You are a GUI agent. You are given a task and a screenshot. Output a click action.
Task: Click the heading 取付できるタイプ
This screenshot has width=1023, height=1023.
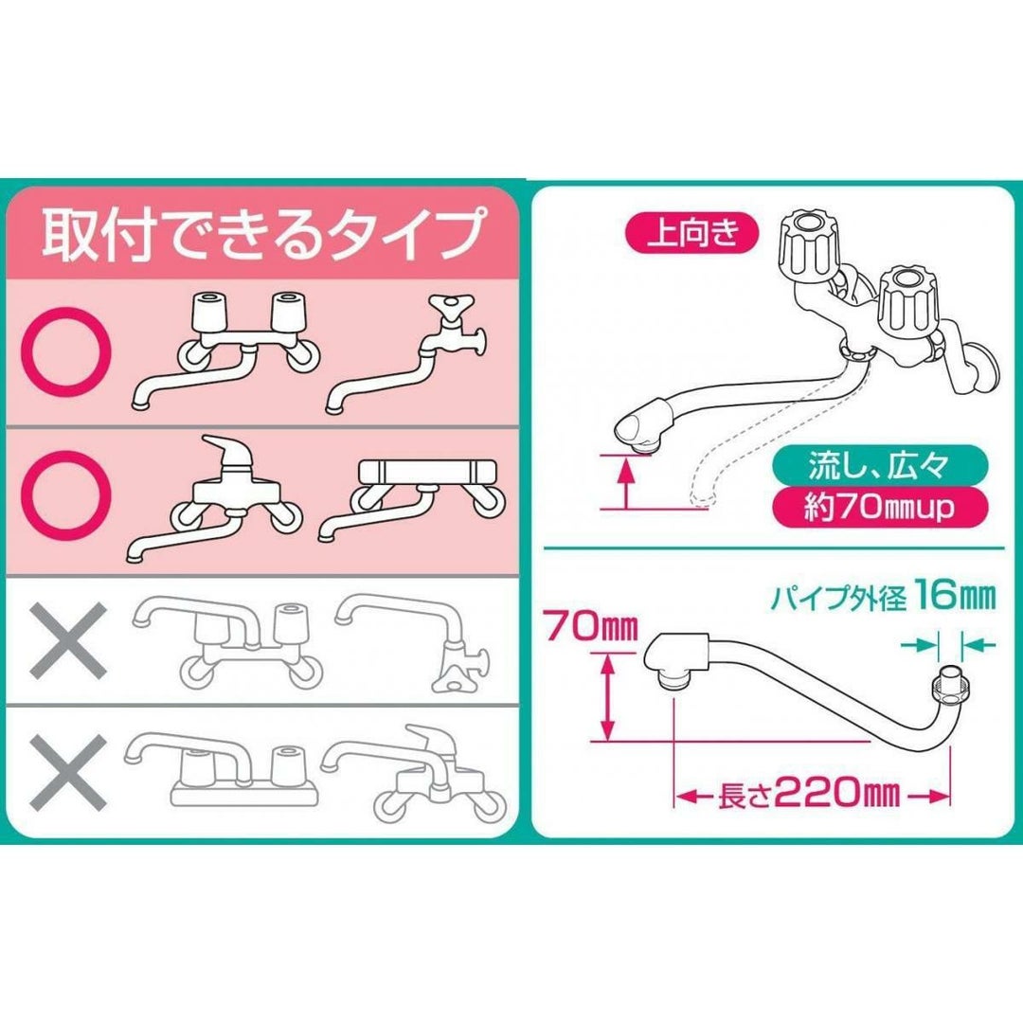pyautogui.click(x=264, y=233)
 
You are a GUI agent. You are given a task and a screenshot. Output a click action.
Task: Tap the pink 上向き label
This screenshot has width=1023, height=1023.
pyautogui.click(x=692, y=233)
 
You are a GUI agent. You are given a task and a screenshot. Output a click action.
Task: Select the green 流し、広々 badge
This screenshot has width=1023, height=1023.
pyautogui.click(x=879, y=465)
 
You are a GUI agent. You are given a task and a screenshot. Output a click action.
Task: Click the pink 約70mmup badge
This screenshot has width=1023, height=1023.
pyautogui.click(x=879, y=507)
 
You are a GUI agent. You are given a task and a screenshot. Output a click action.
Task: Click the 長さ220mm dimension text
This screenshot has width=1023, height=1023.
pyautogui.click(x=809, y=794)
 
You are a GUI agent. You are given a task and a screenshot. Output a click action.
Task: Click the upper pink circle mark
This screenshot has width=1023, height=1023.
pyautogui.click(x=66, y=351)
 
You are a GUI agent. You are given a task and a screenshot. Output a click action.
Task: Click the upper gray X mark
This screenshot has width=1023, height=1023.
pyautogui.click(x=68, y=640)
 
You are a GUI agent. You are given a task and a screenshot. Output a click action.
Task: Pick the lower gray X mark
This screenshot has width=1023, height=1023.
pyautogui.click(x=68, y=773)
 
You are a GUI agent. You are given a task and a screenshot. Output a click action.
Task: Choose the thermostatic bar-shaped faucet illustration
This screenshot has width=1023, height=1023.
pyautogui.click(x=412, y=499)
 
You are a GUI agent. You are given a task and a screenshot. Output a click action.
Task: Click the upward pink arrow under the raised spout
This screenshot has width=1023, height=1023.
pyautogui.click(x=626, y=483)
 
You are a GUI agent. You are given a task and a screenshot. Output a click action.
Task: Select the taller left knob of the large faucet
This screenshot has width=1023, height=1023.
pyautogui.click(x=808, y=246)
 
